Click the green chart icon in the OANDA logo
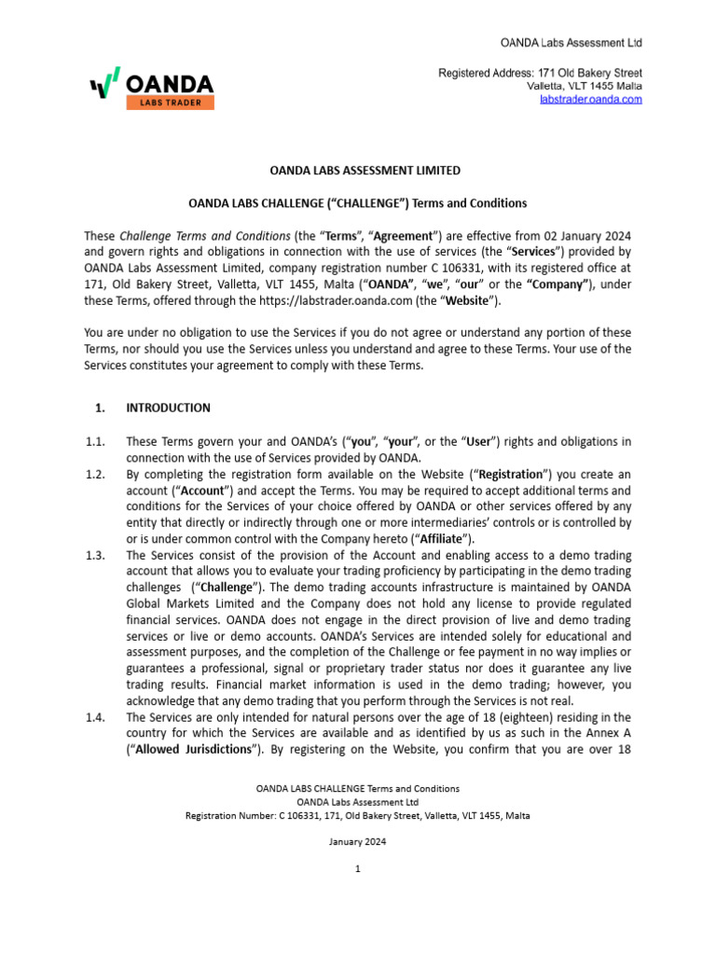point(105,84)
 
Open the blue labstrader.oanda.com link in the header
point(591,99)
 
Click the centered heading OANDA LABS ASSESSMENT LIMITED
point(358,171)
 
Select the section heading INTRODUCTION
point(168,408)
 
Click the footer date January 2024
point(358,841)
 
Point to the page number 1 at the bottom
point(358,869)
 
